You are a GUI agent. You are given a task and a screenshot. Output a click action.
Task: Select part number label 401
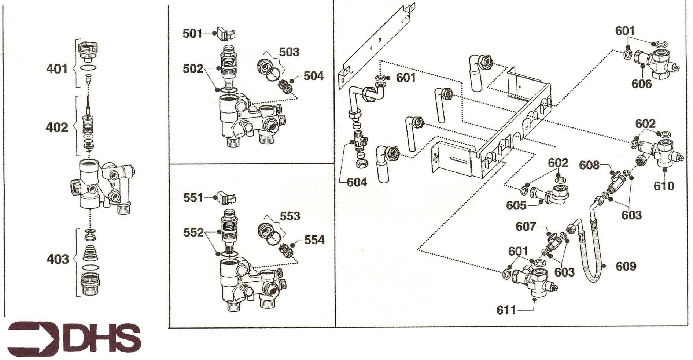[57, 68]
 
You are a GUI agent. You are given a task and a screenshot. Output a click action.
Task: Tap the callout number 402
[57, 127]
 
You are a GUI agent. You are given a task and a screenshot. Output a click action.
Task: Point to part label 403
[58, 259]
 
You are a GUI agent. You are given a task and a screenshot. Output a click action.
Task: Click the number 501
[192, 34]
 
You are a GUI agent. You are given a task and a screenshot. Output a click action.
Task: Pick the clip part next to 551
[226, 197]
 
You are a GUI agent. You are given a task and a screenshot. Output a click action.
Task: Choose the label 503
[289, 52]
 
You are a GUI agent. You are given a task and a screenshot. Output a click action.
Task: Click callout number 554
[314, 240]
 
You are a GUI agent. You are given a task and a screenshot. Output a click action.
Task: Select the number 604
[357, 182]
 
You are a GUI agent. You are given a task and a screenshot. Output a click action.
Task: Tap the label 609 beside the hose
[626, 266]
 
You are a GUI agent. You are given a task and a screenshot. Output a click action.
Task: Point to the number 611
[506, 311]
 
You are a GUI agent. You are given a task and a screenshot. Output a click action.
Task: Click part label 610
[664, 186]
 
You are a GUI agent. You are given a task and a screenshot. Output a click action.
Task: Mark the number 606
[641, 84]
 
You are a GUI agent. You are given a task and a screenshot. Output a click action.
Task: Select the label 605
[516, 205]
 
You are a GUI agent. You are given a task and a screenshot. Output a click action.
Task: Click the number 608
[589, 165]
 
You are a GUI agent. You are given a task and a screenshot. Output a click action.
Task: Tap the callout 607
[526, 227]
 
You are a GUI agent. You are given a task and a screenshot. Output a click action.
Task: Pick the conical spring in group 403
[90, 253]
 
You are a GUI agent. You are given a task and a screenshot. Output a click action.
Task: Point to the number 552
[193, 233]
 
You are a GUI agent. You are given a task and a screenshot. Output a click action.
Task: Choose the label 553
[290, 216]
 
